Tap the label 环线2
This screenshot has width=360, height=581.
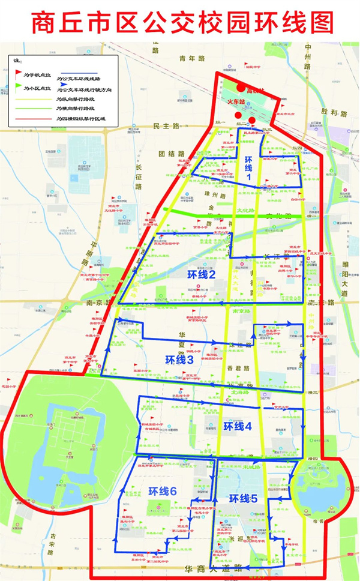tap(201, 274)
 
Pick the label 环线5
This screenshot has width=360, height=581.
tap(243, 498)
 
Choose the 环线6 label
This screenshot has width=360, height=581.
tap(163, 491)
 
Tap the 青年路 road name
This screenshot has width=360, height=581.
tap(192, 59)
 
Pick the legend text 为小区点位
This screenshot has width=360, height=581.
tap(37, 89)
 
